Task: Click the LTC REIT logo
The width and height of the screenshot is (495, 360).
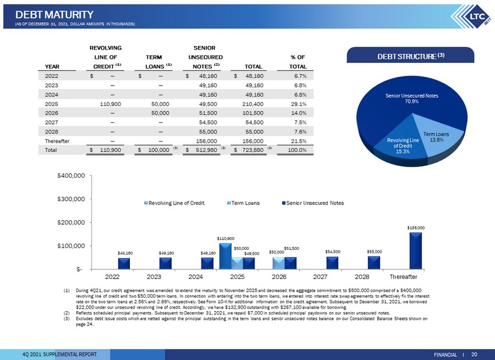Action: [x=471, y=17]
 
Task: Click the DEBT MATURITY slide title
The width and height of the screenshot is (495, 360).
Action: [x=54, y=15]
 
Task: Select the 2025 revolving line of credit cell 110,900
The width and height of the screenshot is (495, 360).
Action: [x=110, y=104]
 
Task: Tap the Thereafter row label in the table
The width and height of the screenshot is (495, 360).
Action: [x=57, y=141]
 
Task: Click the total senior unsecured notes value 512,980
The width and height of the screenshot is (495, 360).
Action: [x=207, y=150]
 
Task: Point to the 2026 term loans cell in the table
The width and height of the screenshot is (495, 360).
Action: [x=160, y=113]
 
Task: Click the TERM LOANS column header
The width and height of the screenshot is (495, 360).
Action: [x=154, y=62]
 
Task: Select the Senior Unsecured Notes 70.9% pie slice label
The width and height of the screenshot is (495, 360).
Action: [x=412, y=98]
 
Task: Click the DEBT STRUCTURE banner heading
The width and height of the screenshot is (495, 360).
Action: [x=411, y=56]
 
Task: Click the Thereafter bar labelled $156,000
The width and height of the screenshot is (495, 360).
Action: [x=415, y=250]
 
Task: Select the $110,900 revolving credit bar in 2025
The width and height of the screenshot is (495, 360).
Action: [x=225, y=256]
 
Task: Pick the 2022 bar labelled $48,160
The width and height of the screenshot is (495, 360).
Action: [x=123, y=263]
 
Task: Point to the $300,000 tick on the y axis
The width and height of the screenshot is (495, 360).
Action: [x=71, y=199]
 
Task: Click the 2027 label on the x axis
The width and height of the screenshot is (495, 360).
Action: [x=320, y=277]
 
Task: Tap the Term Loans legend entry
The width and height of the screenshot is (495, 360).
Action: [x=243, y=203]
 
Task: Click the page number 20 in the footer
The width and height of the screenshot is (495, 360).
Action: [x=474, y=354]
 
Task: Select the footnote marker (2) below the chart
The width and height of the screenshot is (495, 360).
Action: [x=66, y=313]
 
